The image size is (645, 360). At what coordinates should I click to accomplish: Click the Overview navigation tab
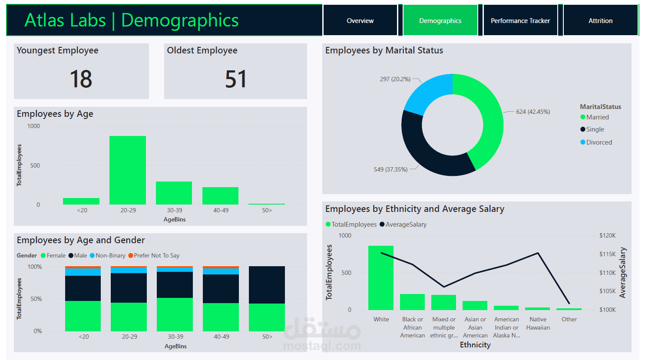click(360, 20)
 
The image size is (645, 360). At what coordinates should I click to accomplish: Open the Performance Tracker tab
click(520, 20)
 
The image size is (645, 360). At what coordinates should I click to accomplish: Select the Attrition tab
click(600, 20)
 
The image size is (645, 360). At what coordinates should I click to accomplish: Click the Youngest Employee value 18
click(81, 79)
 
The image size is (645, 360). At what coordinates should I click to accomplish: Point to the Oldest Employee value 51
click(235, 79)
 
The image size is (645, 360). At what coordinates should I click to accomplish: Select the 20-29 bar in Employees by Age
click(128, 170)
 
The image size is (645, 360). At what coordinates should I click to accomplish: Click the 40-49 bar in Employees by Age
click(220, 196)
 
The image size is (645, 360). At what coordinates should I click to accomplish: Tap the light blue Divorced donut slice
click(426, 92)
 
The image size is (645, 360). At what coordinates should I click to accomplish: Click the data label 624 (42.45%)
click(533, 112)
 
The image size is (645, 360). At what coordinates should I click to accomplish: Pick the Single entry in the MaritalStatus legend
click(592, 129)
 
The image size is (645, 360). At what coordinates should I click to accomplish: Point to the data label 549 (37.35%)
click(390, 169)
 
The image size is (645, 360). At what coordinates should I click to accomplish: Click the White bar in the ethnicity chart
click(380, 278)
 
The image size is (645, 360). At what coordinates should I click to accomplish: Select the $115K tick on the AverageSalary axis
click(607, 254)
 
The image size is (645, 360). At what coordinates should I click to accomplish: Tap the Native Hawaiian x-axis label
click(538, 324)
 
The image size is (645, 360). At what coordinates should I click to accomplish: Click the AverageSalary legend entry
click(403, 225)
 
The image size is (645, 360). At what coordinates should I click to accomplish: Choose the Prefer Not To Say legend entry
click(154, 255)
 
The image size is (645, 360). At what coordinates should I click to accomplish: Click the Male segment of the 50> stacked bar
click(267, 285)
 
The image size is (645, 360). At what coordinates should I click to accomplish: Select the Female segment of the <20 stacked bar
click(83, 316)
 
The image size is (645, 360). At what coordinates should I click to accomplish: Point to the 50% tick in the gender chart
click(36, 299)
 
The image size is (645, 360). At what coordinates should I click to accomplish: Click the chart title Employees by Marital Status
click(384, 50)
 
